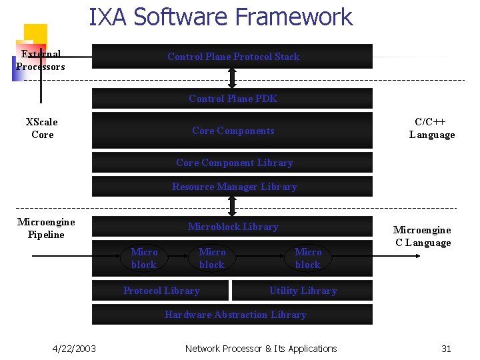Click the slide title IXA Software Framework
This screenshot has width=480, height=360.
[221, 17]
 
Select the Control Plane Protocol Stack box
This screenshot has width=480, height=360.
[233, 57]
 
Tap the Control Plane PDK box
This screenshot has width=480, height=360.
[233, 99]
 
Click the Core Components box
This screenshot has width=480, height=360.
[233, 131]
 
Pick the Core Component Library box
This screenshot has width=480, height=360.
[234, 163]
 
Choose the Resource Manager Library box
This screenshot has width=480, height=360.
[234, 187]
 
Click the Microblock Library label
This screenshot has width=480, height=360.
[233, 227]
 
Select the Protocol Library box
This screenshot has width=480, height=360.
[161, 291]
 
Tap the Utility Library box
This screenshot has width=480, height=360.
[303, 291]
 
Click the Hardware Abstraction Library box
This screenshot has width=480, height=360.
[235, 315]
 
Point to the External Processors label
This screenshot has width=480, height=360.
[41, 60]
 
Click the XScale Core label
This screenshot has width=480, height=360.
[42, 128]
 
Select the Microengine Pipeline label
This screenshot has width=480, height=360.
[46, 228]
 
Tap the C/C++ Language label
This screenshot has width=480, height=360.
[432, 128]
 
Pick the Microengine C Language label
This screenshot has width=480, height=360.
[422, 236]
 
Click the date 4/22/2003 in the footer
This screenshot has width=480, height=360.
[74, 349]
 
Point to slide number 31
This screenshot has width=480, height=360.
[446, 349]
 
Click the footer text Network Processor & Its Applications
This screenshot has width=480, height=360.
[261, 349]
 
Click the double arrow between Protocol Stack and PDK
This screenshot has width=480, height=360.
[232, 78]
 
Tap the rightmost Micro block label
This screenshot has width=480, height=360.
[308, 258]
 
